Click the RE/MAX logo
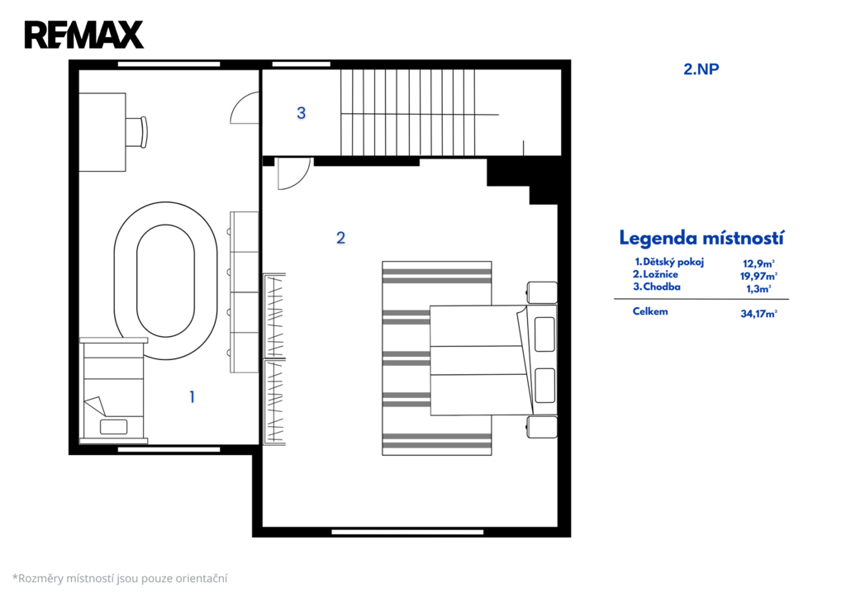(84, 35)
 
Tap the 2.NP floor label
(701, 69)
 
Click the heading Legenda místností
(701, 238)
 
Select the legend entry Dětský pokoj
(669, 262)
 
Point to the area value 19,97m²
(758, 276)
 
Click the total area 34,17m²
(758, 313)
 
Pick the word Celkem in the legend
(650, 311)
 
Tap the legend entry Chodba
(657, 287)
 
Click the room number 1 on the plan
(192, 397)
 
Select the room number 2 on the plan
(340, 238)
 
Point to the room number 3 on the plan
(301, 113)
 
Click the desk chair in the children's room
(137, 132)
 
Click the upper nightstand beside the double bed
(542, 293)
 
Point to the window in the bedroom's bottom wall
(407, 532)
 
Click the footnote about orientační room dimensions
(120, 579)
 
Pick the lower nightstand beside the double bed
(542, 427)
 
